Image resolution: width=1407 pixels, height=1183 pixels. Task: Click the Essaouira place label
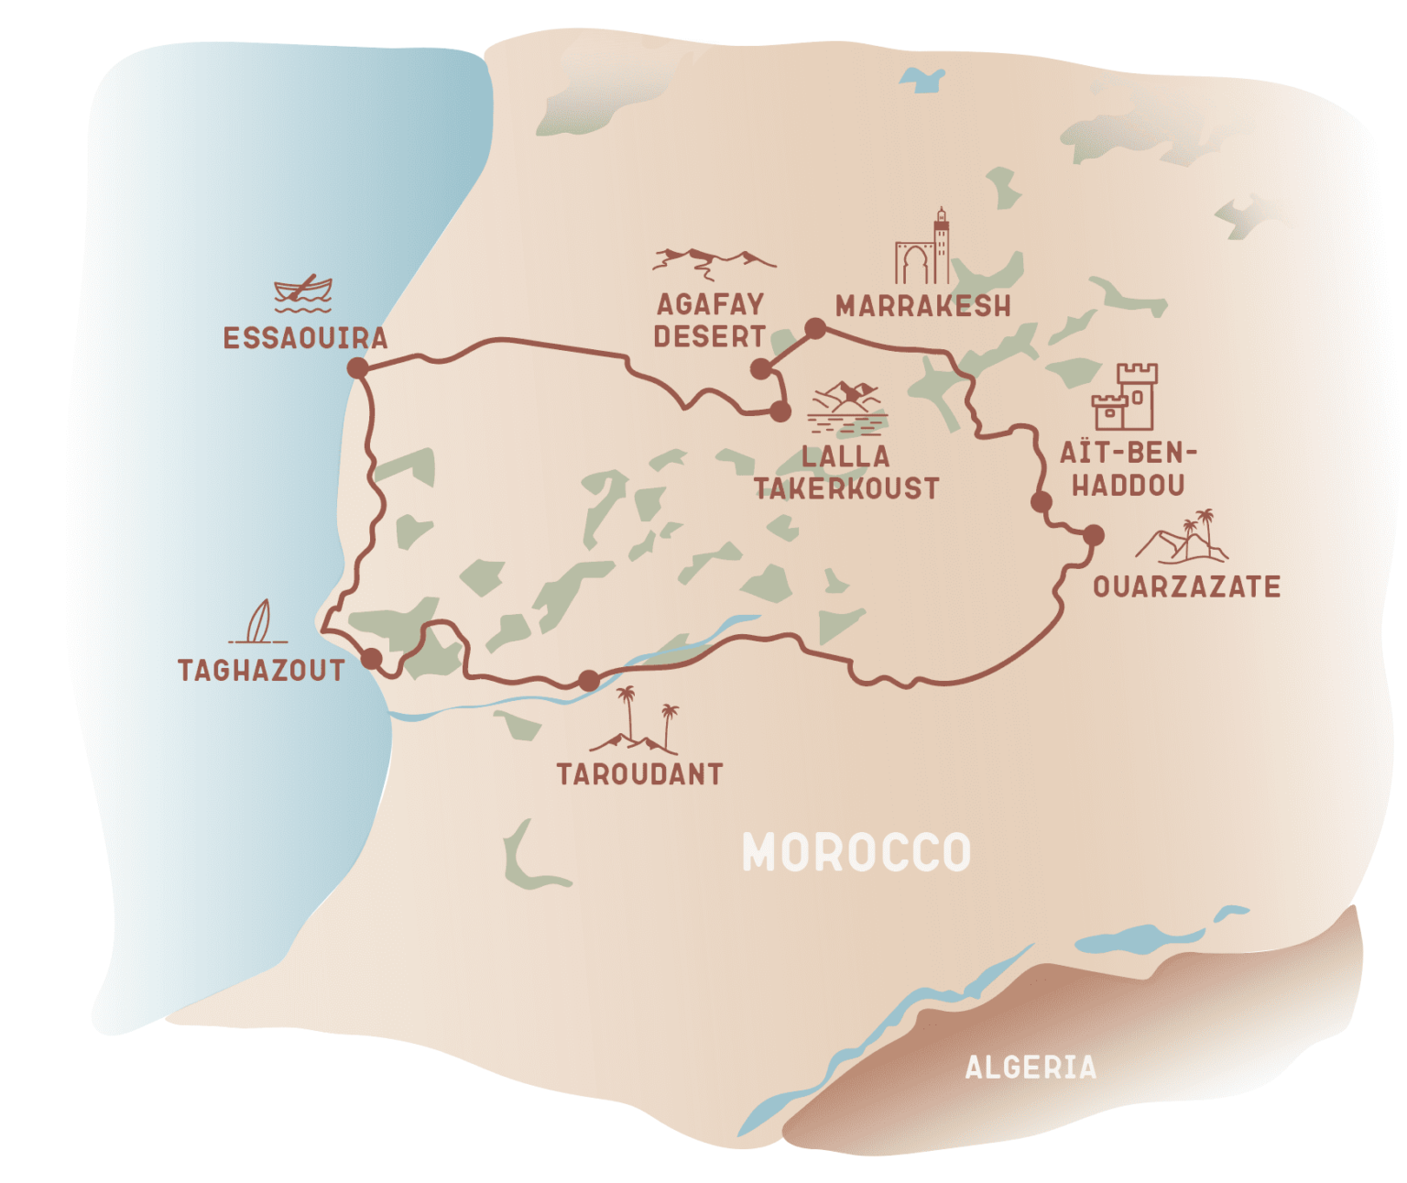click(x=305, y=338)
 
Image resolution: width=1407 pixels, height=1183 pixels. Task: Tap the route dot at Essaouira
click(x=357, y=368)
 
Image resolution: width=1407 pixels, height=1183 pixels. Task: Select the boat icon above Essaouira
click(x=303, y=292)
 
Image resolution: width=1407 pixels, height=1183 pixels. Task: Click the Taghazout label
click(x=261, y=671)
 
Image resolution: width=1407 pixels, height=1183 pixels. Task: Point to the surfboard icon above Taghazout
click(x=259, y=622)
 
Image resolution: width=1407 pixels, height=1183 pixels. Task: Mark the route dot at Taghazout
click(x=371, y=658)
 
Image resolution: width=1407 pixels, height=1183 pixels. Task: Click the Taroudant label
click(x=639, y=775)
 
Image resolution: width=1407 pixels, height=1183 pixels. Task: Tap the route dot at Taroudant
click(x=589, y=680)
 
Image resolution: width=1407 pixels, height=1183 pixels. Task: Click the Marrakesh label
click(x=922, y=306)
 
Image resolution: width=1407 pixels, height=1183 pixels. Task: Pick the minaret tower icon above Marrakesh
click(x=923, y=249)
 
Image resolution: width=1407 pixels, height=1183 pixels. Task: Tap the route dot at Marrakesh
click(x=814, y=328)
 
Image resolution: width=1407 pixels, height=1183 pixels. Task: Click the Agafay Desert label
click(x=710, y=320)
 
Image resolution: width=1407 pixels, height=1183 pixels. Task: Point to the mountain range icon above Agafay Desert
click(x=712, y=261)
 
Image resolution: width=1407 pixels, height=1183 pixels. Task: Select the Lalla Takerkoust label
click(x=846, y=473)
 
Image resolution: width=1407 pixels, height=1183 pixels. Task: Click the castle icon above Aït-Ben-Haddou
click(x=1125, y=397)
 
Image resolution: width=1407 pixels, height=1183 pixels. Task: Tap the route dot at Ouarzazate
click(x=1093, y=535)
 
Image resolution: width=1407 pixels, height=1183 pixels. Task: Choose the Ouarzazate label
click(x=1186, y=587)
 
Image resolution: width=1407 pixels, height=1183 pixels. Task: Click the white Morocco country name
click(x=856, y=852)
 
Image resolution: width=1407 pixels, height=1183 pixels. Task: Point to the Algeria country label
click(x=1031, y=1068)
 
